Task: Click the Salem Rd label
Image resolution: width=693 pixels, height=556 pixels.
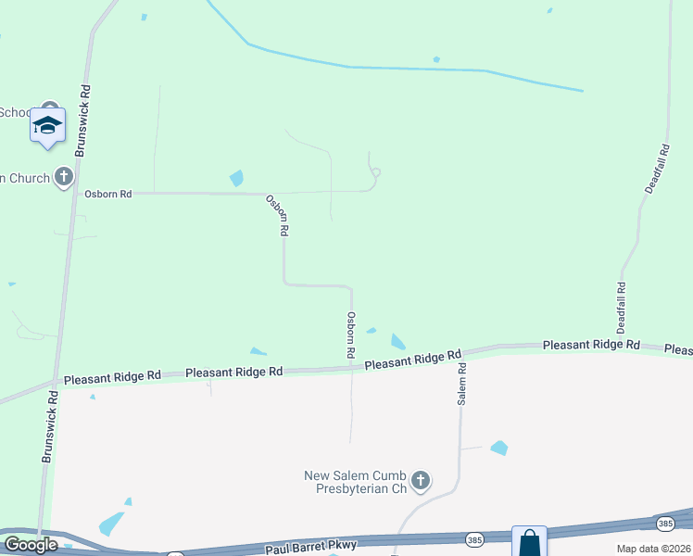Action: coord(461,383)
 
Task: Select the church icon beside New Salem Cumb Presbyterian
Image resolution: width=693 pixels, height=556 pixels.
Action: coord(421,480)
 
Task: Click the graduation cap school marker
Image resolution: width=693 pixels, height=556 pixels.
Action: coord(47,125)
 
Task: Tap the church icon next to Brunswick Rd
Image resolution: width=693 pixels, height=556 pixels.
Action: coord(63,176)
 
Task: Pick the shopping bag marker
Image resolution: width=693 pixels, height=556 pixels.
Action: coord(529,542)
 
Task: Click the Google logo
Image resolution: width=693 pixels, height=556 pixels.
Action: coord(31,546)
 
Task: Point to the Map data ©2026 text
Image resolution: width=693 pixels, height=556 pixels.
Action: coord(653,549)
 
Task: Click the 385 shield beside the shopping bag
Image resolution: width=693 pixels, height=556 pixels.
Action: coord(475,538)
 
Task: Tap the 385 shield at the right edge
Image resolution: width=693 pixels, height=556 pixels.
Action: coord(665,524)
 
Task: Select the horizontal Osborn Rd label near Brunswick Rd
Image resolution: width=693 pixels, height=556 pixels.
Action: coord(107,194)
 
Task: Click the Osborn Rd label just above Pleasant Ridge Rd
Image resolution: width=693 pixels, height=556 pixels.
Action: coord(351,335)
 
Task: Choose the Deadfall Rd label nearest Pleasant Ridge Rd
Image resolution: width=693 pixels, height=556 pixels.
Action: coord(622,308)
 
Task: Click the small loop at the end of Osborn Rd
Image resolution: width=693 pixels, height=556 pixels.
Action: coord(375,172)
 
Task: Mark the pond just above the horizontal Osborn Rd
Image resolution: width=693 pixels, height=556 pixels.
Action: coord(236,177)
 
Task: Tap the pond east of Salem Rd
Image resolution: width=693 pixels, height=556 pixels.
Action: coord(499,448)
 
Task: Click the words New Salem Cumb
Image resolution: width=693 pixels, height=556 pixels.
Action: coord(356,476)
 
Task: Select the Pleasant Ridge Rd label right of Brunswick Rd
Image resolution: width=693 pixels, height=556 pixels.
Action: coord(111,378)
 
